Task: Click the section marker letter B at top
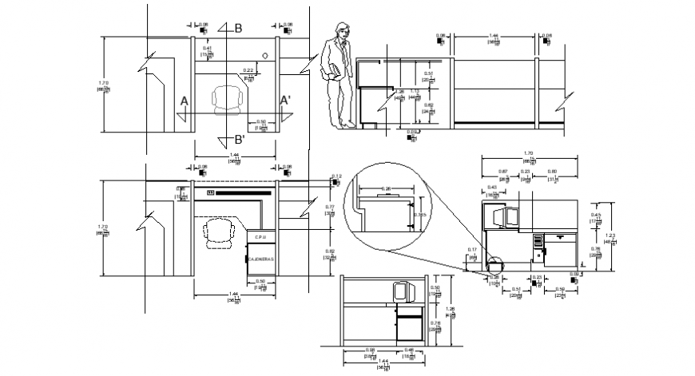pyautogui.click(x=237, y=29)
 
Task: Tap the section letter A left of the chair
pyautogui.click(x=184, y=101)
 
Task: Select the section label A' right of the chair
pyautogui.click(x=284, y=101)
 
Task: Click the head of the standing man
pyautogui.click(x=341, y=28)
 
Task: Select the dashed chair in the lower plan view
pyautogui.click(x=218, y=233)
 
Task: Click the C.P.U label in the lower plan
pyautogui.click(x=260, y=237)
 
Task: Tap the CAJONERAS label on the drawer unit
pyautogui.click(x=260, y=260)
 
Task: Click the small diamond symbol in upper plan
pyautogui.click(x=265, y=56)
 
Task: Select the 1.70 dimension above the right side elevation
pyautogui.click(x=528, y=153)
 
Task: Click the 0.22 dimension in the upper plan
pyautogui.click(x=248, y=71)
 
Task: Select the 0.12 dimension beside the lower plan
pyautogui.click(x=336, y=176)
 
